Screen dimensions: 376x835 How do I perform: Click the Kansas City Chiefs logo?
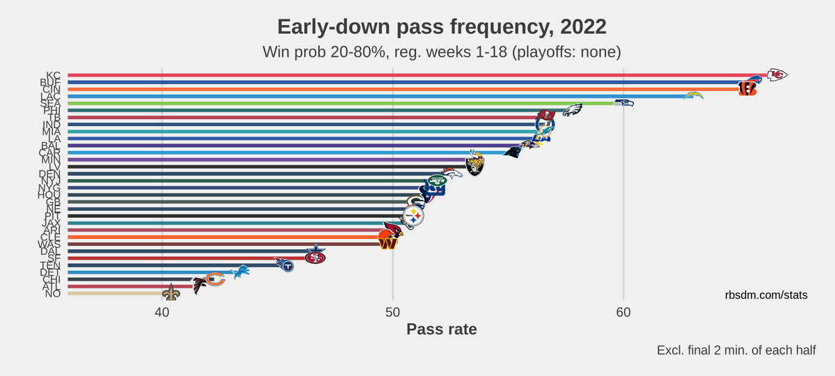[777, 75]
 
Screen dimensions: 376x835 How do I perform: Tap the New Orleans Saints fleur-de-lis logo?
[170, 293]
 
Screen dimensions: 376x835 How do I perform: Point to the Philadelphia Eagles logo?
[572, 110]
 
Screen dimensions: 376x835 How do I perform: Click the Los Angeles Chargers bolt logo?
[693, 96]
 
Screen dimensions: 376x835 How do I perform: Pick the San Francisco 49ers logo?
[315, 257]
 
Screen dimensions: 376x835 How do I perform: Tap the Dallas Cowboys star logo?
[317, 250]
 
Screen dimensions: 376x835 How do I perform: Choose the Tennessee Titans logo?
[284, 264]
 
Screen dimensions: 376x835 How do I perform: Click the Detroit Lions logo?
[240, 271]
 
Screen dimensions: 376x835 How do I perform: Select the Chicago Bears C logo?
[214, 279]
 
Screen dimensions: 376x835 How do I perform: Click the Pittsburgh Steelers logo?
[414, 217]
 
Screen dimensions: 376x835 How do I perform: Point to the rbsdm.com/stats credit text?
[765, 295]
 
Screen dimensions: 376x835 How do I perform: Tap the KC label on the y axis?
[54, 75]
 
